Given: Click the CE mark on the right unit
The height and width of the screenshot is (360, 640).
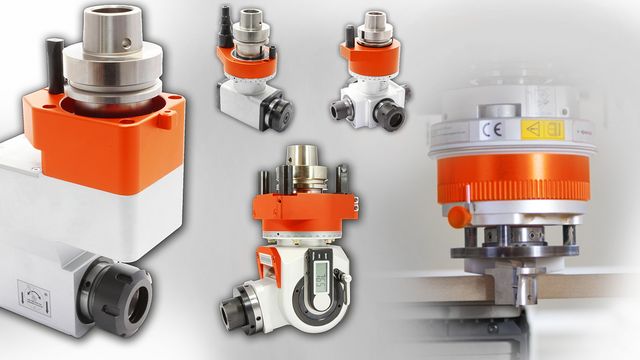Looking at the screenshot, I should [x=487, y=131].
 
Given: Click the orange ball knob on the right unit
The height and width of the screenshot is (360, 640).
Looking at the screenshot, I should [x=458, y=216].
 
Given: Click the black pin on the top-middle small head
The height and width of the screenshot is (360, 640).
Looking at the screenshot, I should [x=223, y=20].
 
